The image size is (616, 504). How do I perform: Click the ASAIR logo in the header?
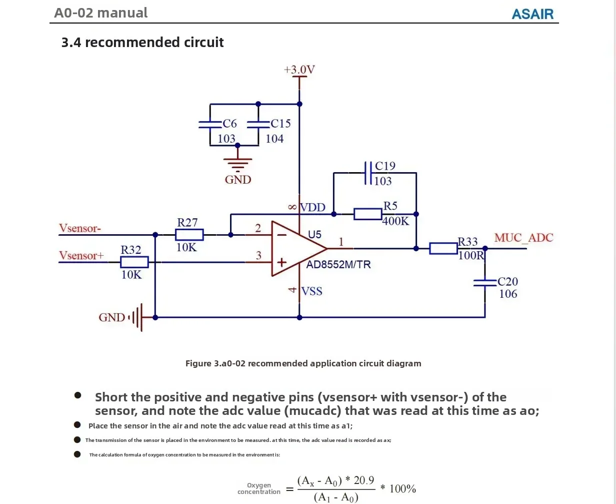(532, 14)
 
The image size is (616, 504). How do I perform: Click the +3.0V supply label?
(299, 70)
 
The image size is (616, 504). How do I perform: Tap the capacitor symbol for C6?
(210, 124)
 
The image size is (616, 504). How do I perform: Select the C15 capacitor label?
(280, 123)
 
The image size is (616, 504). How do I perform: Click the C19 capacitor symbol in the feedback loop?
(368, 173)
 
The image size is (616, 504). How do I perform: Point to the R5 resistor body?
(367, 214)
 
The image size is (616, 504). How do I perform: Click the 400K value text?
(395, 221)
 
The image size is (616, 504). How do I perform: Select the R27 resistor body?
(189, 234)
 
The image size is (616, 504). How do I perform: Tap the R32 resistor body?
(134, 262)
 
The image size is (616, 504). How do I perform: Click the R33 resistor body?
(443, 248)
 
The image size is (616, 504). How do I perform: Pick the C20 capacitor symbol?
(484, 283)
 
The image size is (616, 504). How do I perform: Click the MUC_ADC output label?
(523, 238)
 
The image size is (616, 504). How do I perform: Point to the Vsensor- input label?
(80, 228)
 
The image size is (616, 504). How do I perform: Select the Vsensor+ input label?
(81, 256)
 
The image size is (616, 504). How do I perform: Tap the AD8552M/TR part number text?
(339, 265)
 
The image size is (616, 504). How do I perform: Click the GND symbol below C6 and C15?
(237, 165)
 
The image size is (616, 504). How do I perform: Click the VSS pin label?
(312, 291)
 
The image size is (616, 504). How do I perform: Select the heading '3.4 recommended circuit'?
(142, 43)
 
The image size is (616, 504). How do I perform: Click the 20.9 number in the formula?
(363, 480)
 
